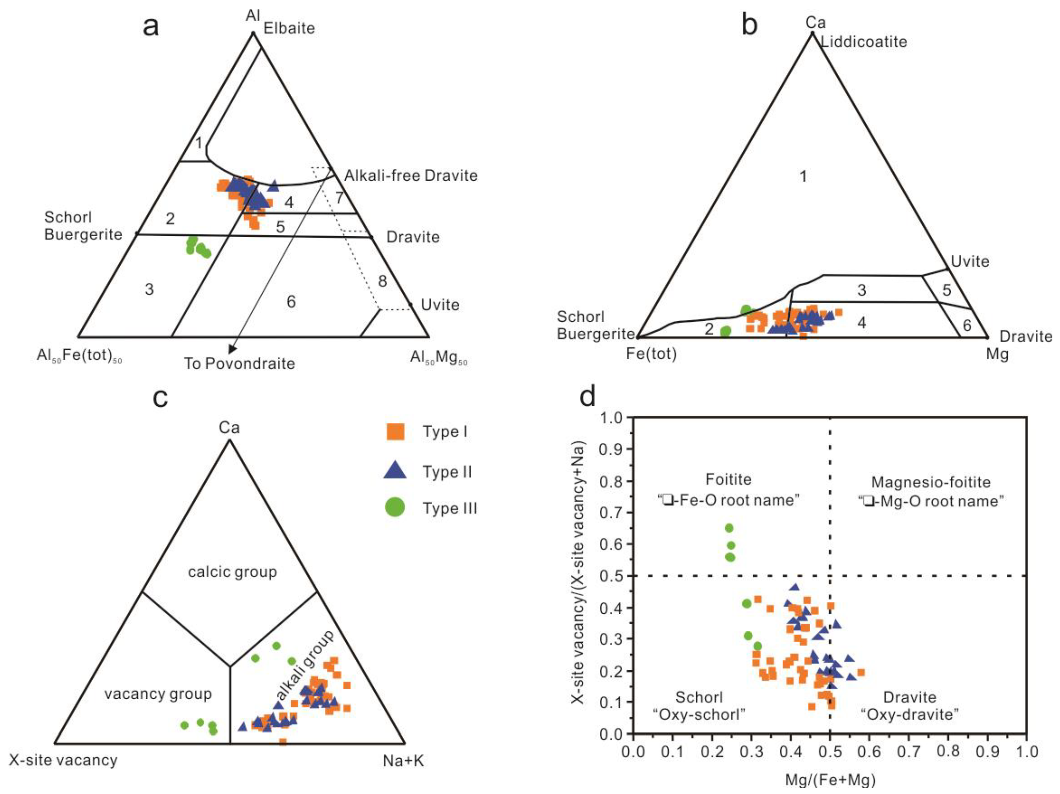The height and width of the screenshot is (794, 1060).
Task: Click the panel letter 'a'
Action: click(x=151, y=27)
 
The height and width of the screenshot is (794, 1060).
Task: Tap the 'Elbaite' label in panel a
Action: click(x=289, y=28)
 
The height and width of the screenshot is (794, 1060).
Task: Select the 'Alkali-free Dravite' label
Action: click(x=411, y=176)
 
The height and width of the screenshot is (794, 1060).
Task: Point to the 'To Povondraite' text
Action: click(x=240, y=364)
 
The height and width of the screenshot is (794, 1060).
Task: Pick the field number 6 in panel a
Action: click(x=291, y=302)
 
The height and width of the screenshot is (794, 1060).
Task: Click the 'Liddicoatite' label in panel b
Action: click(x=864, y=42)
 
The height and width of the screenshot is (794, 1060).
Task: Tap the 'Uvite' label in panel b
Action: click(x=970, y=262)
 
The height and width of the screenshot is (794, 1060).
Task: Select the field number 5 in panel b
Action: click(x=946, y=290)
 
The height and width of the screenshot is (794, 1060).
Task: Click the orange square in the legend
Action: click(x=395, y=432)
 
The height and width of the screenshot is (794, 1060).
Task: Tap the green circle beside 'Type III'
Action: click(x=395, y=507)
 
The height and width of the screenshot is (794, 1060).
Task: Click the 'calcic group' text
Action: click(x=232, y=572)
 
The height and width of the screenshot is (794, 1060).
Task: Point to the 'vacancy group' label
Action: click(x=158, y=694)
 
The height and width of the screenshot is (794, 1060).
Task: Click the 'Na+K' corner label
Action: click(x=404, y=761)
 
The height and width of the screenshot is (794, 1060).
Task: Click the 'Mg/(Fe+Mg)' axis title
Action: click(x=830, y=780)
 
